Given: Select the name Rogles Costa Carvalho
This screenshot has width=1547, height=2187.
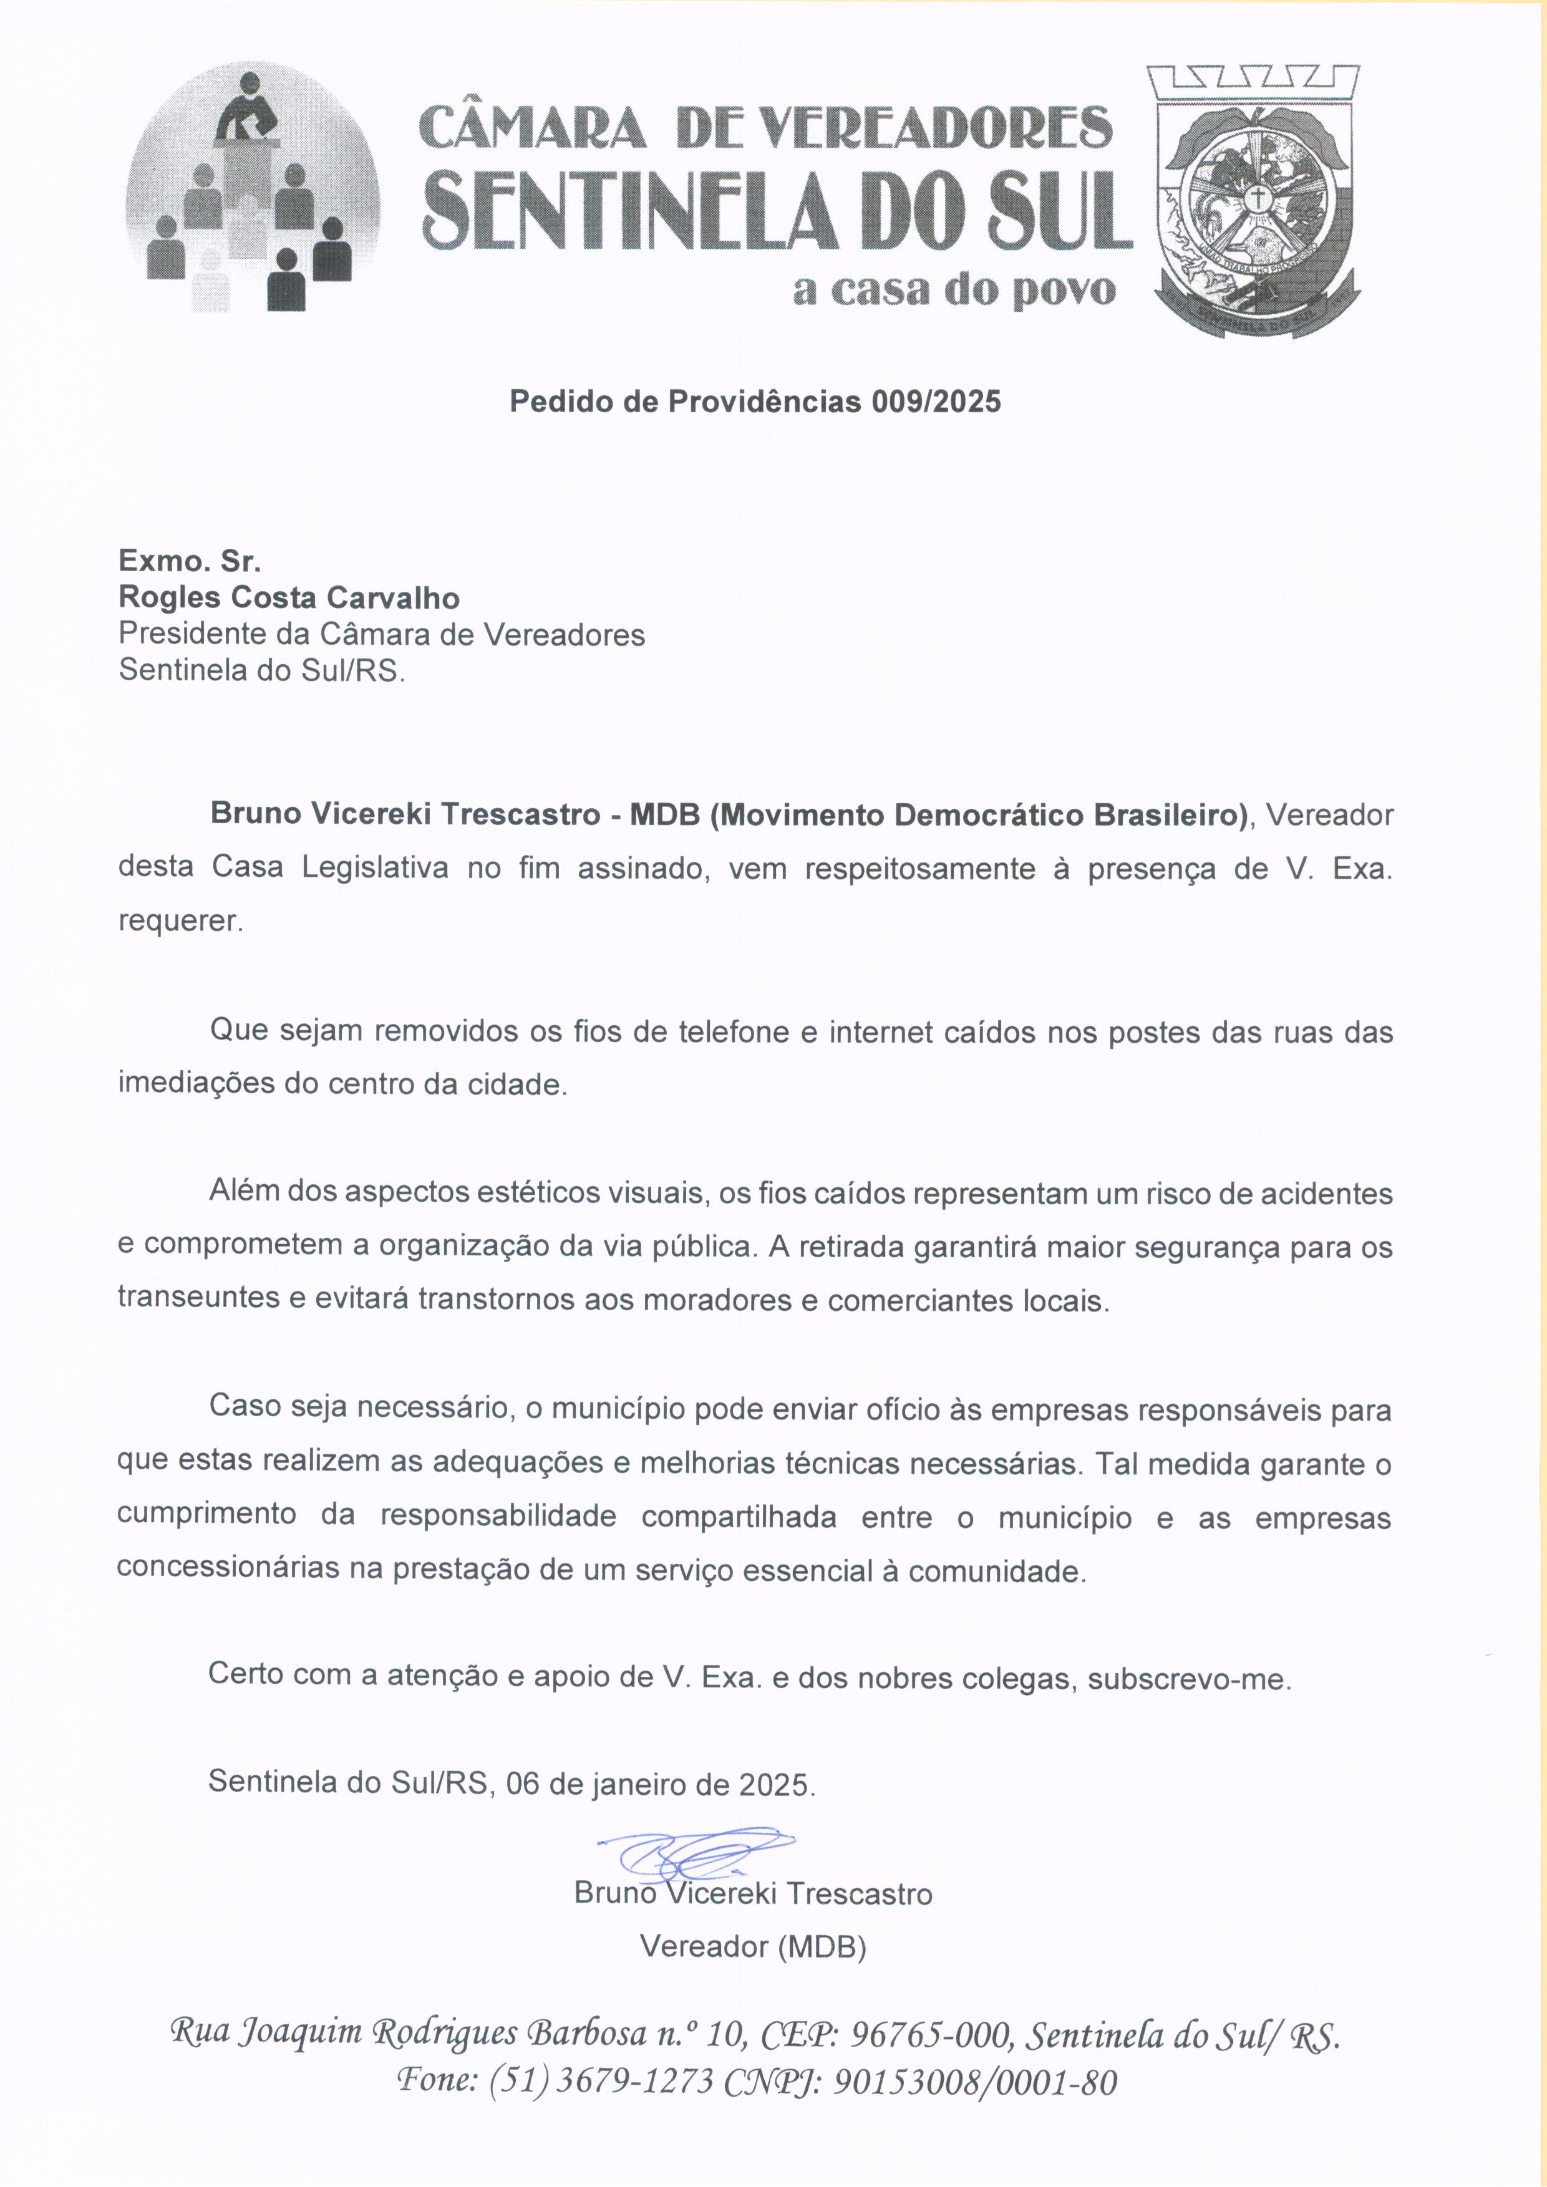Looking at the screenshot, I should tap(289, 598).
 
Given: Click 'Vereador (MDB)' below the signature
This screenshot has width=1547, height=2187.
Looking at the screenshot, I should tap(752, 1946).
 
